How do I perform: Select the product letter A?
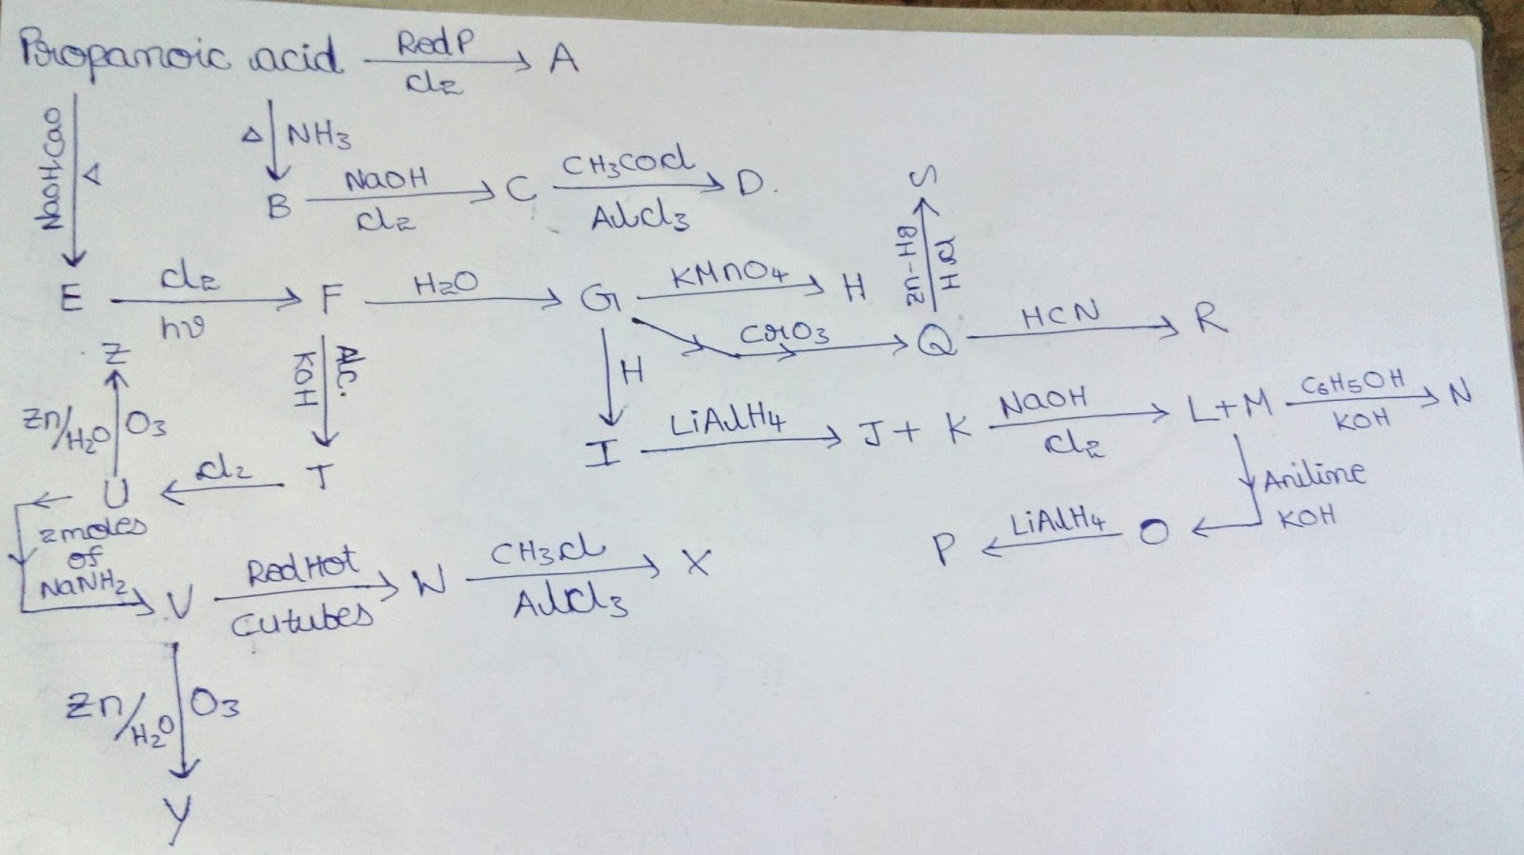[x=563, y=60]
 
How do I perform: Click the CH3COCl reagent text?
[x=629, y=165]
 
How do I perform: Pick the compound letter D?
[x=751, y=185]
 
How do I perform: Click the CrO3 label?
[x=784, y=334]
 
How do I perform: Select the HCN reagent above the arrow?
[x=1059, y=312]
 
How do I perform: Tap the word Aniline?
[x=1313, y=474]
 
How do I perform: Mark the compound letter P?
[x=943, y=550]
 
